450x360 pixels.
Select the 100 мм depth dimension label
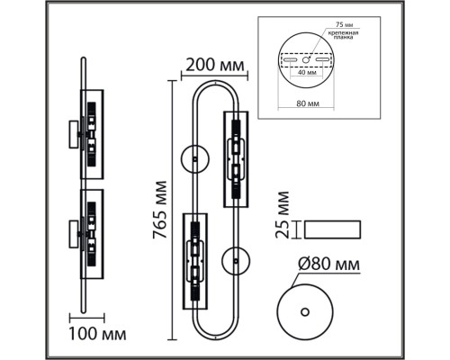96,337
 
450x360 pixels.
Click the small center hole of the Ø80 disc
304,311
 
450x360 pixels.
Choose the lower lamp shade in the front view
195,261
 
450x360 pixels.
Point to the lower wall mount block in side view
70,235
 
